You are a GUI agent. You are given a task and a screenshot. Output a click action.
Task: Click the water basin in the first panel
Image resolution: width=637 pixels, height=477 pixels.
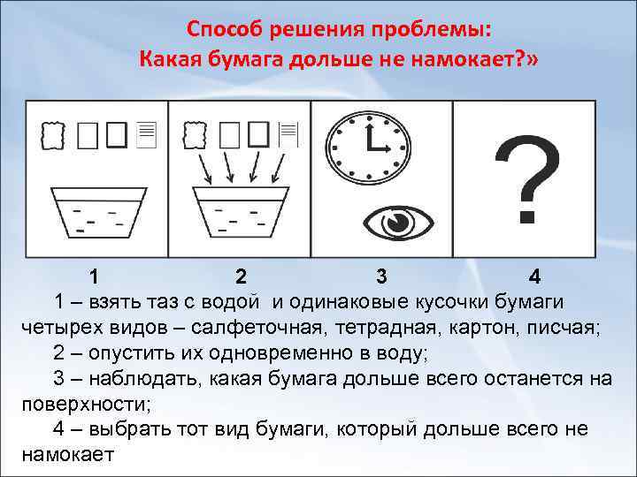(x=98, y=211)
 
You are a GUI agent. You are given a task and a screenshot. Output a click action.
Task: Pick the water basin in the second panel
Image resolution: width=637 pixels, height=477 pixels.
(x=242, y=211)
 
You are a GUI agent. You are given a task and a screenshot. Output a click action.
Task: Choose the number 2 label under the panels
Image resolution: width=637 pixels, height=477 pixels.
(x=240, y=276)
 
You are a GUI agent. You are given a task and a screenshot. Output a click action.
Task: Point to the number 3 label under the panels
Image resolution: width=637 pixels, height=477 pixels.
(x=380, y=276)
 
